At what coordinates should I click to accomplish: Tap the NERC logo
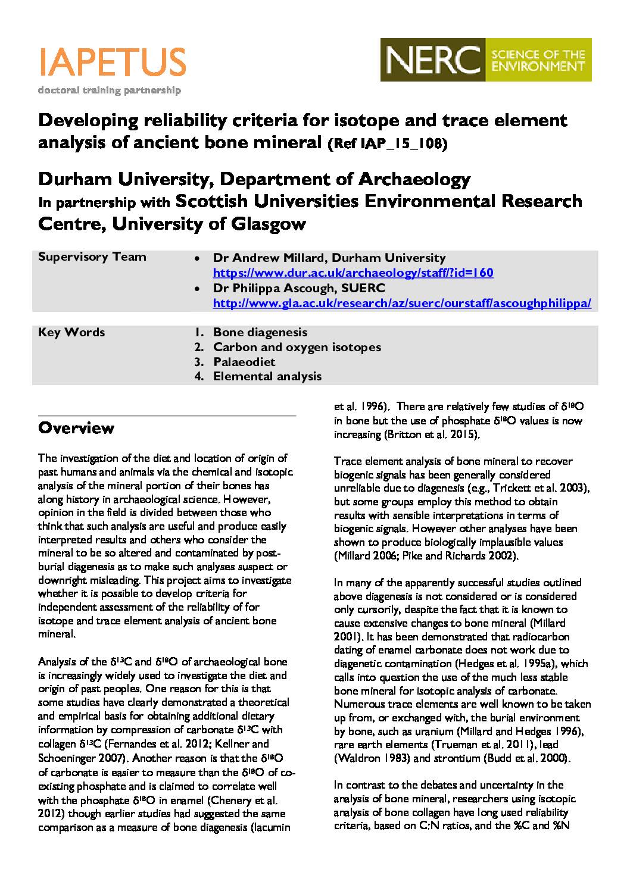[x=486, y=60]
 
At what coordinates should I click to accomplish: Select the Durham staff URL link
[x=353, y=273]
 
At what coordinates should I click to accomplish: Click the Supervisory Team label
[x=92, y=257]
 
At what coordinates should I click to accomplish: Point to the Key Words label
[x=71, y=332]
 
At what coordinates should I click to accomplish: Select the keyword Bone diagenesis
[x=260, y=332]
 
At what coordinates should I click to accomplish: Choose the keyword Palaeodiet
[x=244, y=361]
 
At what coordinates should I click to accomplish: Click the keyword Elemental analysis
[x=267, y=376]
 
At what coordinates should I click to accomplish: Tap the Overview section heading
[x=76, y=428]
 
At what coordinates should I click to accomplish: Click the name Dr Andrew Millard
[x=268, y=258]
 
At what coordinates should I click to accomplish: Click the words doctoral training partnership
[x=109, y=90]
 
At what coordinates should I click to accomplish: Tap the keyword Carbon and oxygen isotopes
[x=297, y=347]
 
